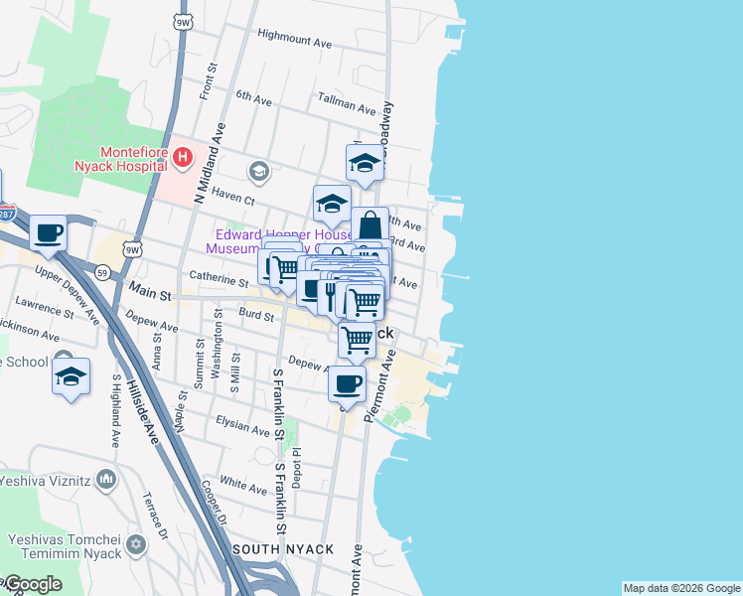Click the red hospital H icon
click(x=182, y=157)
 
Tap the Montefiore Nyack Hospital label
click(x=119, y=158)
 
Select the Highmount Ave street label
click(x=294, y=44)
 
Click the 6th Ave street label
click(x=253, y=98)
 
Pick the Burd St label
click(x=256, y=315)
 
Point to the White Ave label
click(x=243, y=485)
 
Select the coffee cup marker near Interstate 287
click(x=48, y=234)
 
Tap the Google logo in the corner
click(x=32, y=584)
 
